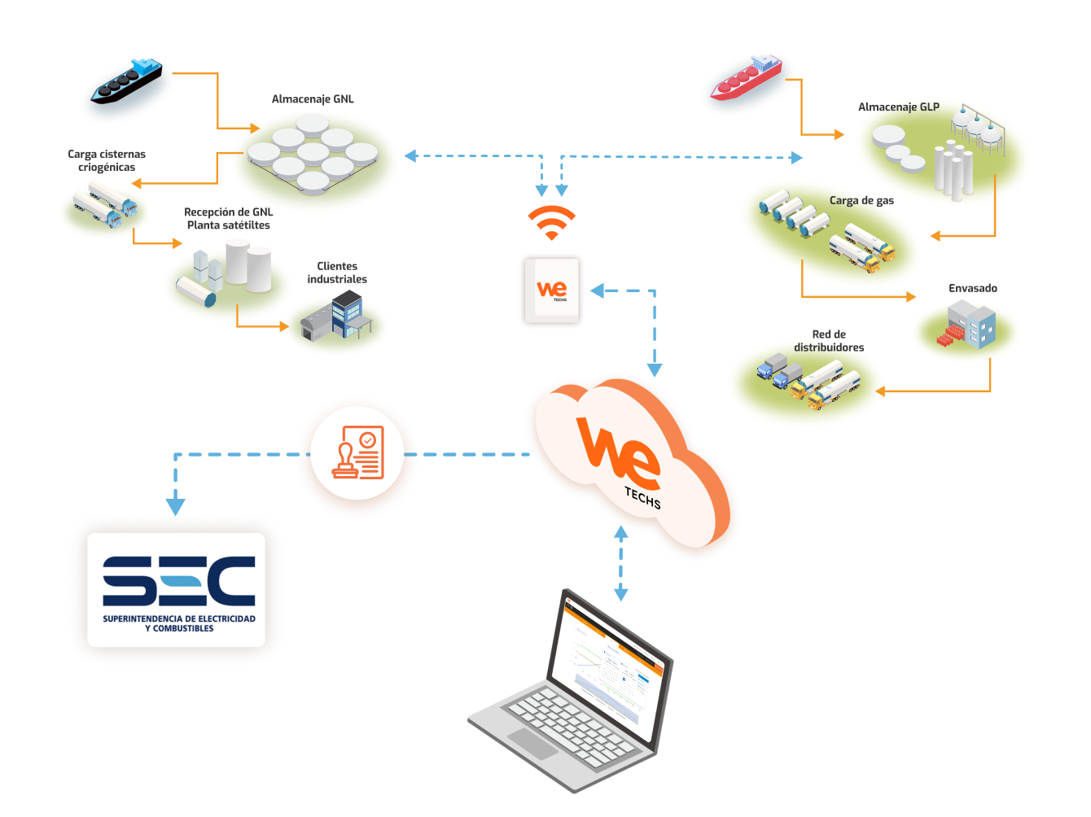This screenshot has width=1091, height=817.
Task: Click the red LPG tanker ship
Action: pyautogui.click(x=746, y=78)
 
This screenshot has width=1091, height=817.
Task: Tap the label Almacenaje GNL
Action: pyautogui.click(x=313, y=99)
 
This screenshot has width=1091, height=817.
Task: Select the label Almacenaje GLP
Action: pyautogui.click(x=898, y=107)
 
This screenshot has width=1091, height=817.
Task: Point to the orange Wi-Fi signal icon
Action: pyautogui.click(x=551, y=222)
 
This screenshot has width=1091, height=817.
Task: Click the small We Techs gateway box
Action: pyautogui.click(x=552, y=291)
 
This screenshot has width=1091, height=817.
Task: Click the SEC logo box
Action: pyautogui.click(x=177, y=590)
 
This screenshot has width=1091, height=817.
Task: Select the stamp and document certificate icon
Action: pyautogui.click(x=357, y=453)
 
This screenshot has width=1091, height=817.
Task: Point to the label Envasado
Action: pyautogui.click(x=972, y=288)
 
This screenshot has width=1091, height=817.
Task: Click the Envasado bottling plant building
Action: pyautogui.click(x=969, y=325)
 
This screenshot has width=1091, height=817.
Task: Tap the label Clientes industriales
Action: pyautogui.click(x=337, y=273)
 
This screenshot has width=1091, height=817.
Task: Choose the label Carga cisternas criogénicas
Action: pyautogui.click(x=107, y=160)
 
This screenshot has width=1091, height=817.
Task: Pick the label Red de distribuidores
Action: pyautogui.click(x=829, y=341)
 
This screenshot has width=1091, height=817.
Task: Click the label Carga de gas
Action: pyautogui.click(x=861, y=200)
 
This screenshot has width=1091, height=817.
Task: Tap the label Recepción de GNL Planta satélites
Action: pyautogui.click(x=228, y=218)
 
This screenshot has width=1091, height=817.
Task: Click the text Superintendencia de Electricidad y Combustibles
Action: pyautogui.click(x=179, y=623)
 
